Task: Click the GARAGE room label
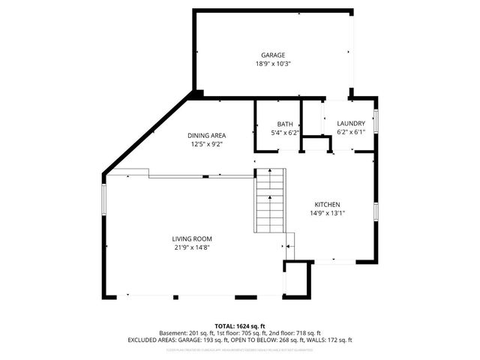click(x=273, y=55)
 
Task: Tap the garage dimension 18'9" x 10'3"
click(x=273, y=64)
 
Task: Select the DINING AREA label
click(x=206, y=136)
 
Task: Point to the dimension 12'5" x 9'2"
click(x=206, y=144)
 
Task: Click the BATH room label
click(x=285, y=124)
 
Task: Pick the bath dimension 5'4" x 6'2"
click(x=285, y=133)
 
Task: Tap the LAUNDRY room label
click(x=351, y=124)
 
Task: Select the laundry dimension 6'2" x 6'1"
click(x=351, y=133)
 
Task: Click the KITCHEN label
click(x=328, y=204)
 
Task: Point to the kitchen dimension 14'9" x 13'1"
click(x=328, y=213)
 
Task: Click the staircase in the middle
click(x=271, y=201)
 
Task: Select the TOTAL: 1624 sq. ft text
click(x=240, y=326)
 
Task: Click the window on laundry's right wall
click(x=376, y=121)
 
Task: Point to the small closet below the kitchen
click(x=297, y=278)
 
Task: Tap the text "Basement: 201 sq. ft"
click(x=186, y=333)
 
